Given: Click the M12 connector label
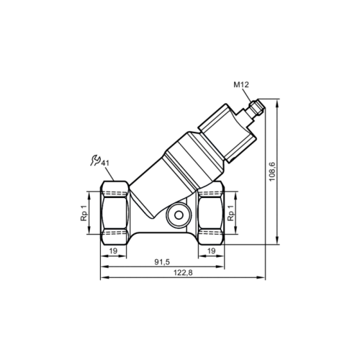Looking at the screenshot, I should [241, 85].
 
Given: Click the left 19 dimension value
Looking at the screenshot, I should [113, 250].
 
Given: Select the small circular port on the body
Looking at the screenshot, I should [176, 214].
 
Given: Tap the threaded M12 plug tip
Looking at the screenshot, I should [256, 109].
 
